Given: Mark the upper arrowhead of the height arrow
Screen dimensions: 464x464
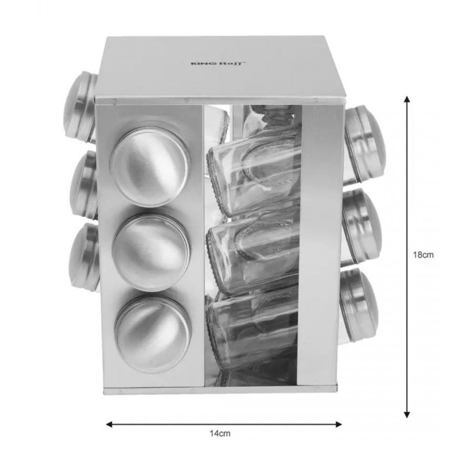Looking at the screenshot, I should point(407,100).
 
